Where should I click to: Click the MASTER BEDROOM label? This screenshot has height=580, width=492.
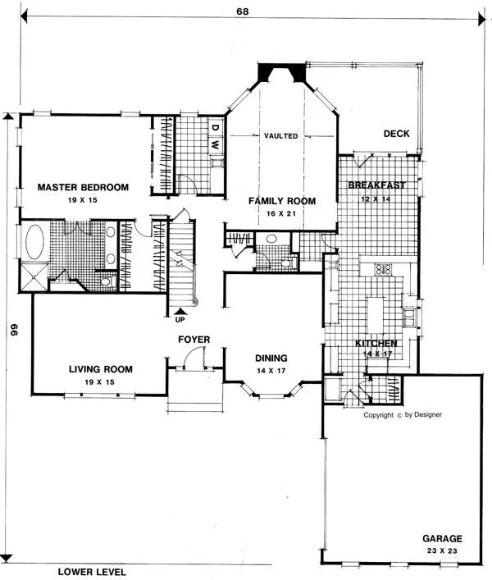pyautogui.click(x=83, y=188)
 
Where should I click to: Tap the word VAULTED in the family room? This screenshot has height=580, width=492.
pyautogui.click(x=281, y=135)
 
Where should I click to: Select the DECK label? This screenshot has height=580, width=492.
pyautogui.click(x=396, y=134)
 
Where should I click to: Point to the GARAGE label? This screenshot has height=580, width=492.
pyautogui.click(x=443, y=539)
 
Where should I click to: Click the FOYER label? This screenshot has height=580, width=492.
pyautogui.click(x=194, y=339)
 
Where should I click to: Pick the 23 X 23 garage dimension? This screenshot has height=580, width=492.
pyautogui.click(x=443, y=551)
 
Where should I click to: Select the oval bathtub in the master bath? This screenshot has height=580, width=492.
pyautogui.click(x=34, y=243)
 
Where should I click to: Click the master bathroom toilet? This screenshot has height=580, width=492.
pyautogui.click(x=105, y=281)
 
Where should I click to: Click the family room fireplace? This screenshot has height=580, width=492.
pyautogui.click(x=281, y=75)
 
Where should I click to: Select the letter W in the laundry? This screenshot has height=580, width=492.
pyautogui.click(x=215, y=144)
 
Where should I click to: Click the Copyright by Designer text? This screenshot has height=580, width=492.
pyautogui.click(x=403, y=414)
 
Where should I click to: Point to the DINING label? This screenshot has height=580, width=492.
pyautogui.click(x=271, y=358)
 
